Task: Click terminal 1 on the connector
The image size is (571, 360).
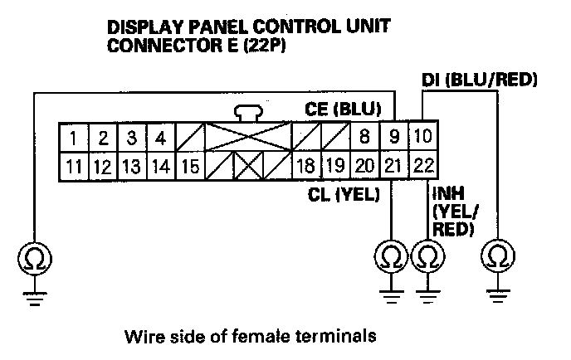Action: [75, 135]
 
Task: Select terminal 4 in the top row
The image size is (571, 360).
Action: [161, 135]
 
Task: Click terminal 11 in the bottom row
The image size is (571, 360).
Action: [75, 166]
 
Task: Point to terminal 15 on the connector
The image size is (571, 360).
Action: [190, 166]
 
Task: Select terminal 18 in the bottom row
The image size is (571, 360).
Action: [305, 166]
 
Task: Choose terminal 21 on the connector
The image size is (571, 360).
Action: [393, 166]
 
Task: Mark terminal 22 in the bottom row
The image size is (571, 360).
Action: [423, 166]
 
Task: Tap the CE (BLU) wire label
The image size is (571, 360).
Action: [340, 109]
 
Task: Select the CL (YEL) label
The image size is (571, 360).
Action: [339, 195]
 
